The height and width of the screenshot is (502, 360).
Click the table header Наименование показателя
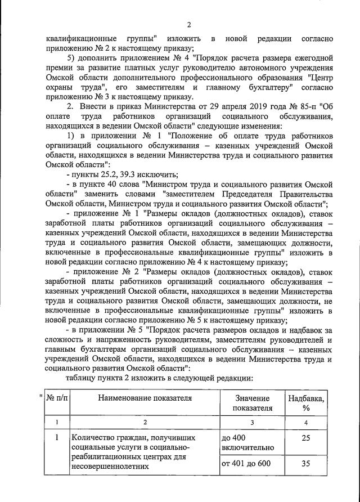(145, 398)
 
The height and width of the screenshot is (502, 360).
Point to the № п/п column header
(56, 398)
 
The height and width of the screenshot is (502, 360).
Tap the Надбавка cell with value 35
(306, 464)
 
